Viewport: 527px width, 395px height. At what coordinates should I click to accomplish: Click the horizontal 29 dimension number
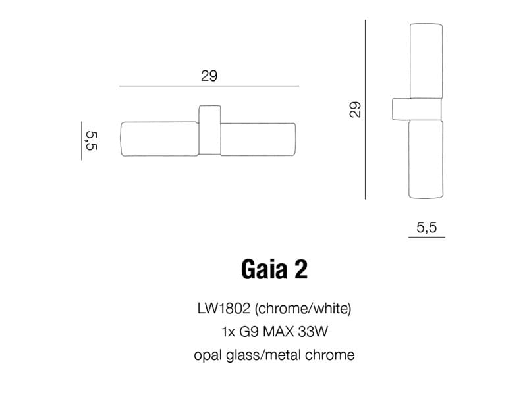click(x=209, y=76)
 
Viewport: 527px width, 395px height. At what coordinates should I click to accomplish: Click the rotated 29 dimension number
click(x=355, y=109)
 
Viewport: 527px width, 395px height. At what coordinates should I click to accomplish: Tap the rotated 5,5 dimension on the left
click(x=91, y=141)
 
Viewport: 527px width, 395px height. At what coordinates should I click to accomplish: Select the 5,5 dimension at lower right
click(x=426, y=228)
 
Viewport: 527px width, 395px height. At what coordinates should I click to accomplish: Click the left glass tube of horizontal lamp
click(x=159, y=140)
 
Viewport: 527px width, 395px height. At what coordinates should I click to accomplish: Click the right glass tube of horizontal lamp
click(x=259, y=140)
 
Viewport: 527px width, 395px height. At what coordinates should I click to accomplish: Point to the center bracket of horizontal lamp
click(x=209, y=129)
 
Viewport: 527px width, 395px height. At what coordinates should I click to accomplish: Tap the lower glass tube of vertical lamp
click(x=427, y=158)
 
